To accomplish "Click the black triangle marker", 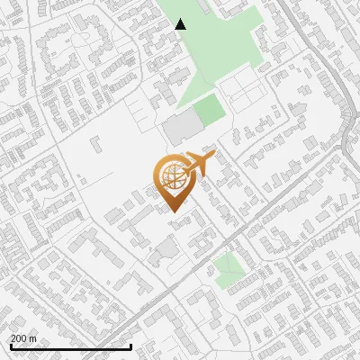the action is (x=181, y=24).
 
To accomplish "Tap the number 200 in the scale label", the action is (x=19, y=338).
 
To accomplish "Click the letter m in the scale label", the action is (x=32, y=338).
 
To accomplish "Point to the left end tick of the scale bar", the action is (x=10, y=346).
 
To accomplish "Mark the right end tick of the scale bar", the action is (x=131, y=346).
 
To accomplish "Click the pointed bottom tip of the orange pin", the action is (x=173, y=212).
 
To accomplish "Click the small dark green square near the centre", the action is (x=209, y=111).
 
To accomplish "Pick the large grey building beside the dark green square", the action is (x=181, y=129).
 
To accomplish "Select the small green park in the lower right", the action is (x=229, y=267).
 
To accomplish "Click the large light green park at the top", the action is (x=216, y=45).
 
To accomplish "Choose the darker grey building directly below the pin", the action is (x=164, y=252).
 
